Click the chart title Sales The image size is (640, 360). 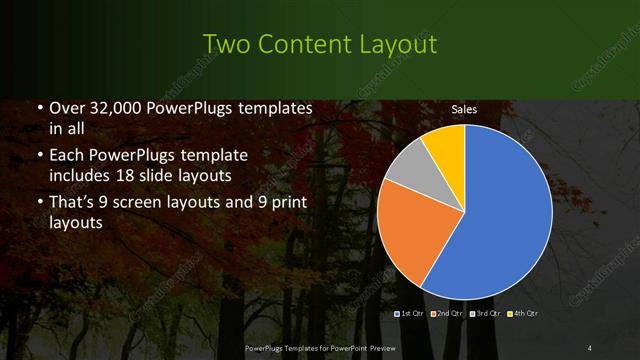(x=464, y=109)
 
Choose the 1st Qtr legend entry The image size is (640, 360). (x=410, y=314)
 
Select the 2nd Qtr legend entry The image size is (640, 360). (x=448, y=314)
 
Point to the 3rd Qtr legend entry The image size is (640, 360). (x=486, y=314)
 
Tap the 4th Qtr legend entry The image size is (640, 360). (x=524, y=314)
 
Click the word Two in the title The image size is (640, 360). (x=226, y=44)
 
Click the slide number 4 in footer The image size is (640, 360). (x=591, y=347)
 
